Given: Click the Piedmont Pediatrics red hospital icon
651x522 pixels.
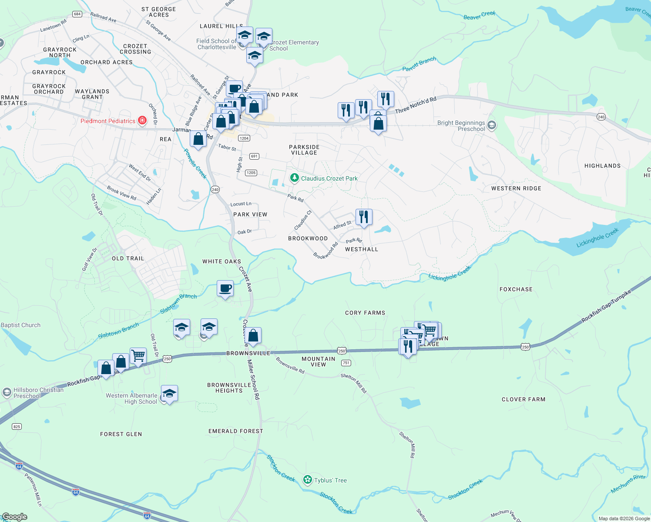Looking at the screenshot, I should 142,120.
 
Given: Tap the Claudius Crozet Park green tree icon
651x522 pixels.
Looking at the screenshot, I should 295,178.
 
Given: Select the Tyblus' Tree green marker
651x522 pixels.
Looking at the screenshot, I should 308,480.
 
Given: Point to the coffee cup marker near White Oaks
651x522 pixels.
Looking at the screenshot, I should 225,288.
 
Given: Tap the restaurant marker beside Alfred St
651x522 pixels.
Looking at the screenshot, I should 364,217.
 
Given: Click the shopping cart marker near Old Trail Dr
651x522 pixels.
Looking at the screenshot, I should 138,356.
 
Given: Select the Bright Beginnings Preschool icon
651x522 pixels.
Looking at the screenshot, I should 491,126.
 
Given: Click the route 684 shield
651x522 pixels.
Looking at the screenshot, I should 77,14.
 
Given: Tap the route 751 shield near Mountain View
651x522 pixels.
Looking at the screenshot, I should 346,363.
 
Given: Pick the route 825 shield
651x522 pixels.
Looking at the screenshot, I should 17,426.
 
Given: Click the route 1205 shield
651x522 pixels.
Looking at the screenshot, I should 251,173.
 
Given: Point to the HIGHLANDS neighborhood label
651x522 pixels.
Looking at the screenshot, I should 602,166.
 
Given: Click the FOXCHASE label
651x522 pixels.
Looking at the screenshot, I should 516,289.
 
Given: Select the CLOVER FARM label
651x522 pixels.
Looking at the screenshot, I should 523,399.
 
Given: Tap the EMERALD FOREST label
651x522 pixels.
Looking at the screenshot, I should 235,431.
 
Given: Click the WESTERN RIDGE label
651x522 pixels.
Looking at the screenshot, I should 516,188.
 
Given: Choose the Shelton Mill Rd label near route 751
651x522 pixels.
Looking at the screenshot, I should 354,383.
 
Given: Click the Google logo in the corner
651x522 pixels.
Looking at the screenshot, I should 15,516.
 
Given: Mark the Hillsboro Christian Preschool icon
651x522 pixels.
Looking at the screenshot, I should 7,392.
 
